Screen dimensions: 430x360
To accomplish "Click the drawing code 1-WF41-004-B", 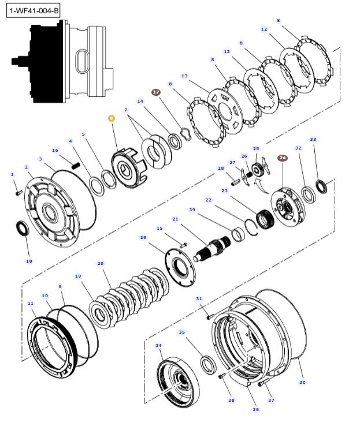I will click(x=35, y=10).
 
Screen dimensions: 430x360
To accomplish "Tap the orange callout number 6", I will click(x=112, y=118).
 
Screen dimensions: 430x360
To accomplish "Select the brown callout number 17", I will click(x=155, y=92).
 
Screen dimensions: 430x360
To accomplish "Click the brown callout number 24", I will click(x=282, y=158).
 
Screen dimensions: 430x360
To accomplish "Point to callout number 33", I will click(x=313, y=139).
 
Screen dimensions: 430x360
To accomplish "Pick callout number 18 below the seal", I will click(x=29, y=261).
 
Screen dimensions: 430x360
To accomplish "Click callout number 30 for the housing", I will click(x=302, y=382).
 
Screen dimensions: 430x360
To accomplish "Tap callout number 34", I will click(x=158, y=346).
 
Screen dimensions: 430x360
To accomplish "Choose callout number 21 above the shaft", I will click(x=175, y=219).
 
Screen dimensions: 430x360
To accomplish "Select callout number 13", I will click(x=184, y=76).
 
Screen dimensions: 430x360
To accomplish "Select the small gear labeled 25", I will click(x=257, y=169).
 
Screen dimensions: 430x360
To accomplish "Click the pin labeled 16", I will click(x=75, y=166).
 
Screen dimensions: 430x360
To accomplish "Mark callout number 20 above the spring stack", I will click(x=101, y=264).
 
